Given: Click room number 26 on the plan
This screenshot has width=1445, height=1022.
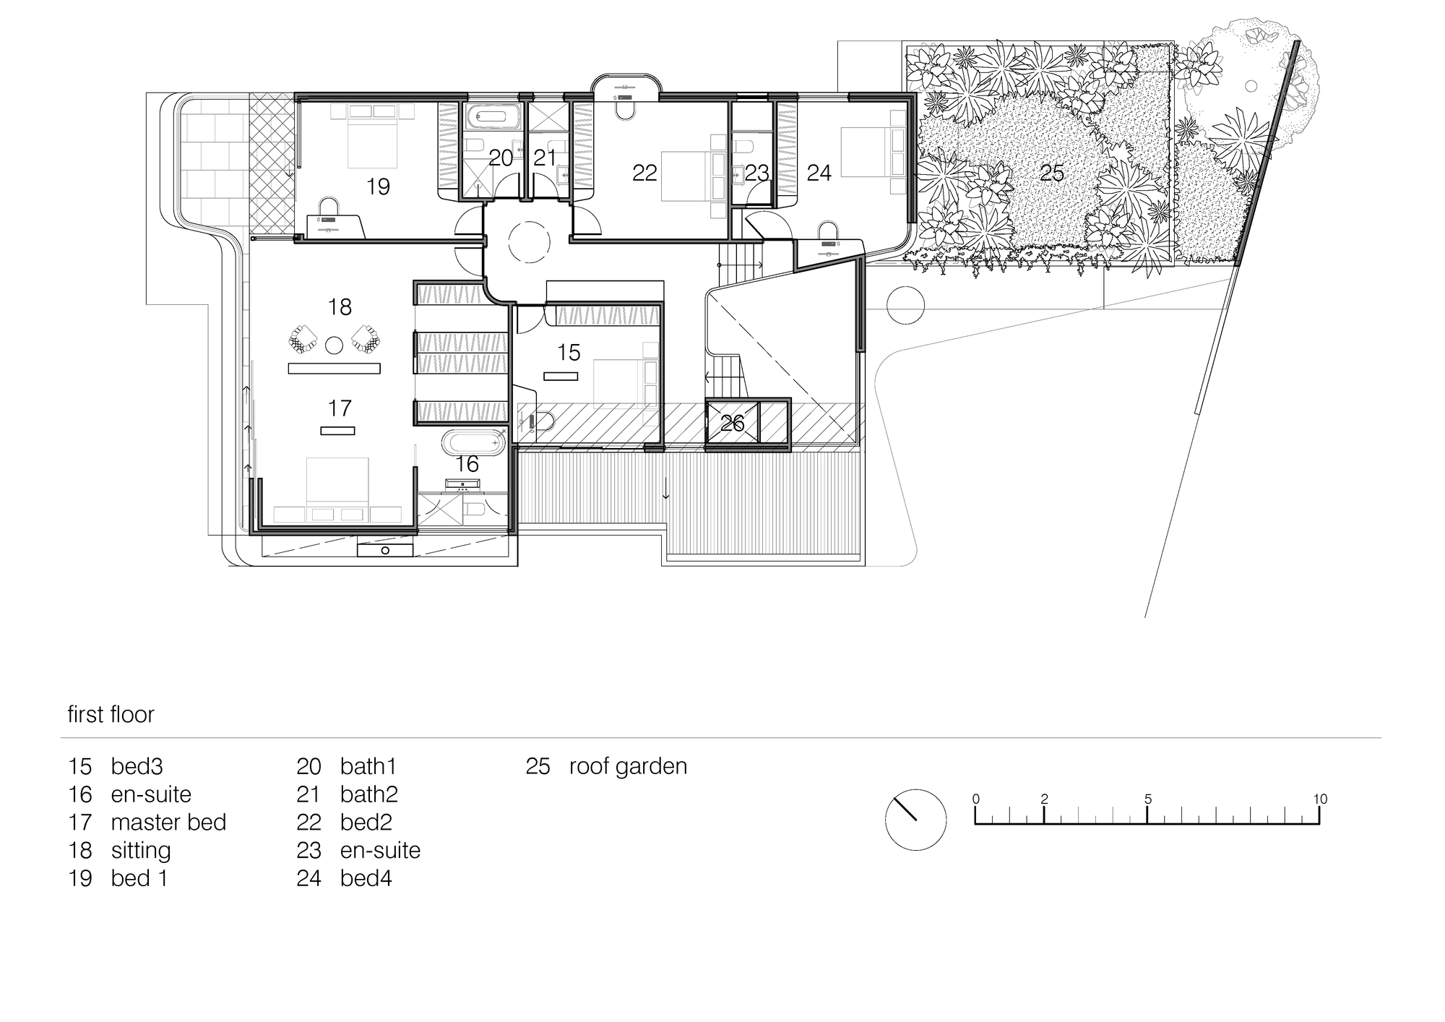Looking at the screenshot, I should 732,424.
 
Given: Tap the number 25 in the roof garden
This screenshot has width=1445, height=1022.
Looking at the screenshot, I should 1051,173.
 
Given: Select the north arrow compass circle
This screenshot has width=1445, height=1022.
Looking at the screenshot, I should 915,820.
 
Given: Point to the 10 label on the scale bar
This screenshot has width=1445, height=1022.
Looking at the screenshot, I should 1319,799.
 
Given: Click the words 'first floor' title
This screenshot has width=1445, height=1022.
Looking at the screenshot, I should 111,715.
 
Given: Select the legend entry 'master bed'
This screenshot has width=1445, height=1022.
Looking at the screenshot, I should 168,823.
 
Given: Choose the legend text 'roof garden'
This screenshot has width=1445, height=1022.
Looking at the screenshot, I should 628,766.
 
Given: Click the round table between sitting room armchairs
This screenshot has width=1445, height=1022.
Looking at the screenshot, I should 334,345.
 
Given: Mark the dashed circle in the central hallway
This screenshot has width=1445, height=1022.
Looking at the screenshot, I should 530,242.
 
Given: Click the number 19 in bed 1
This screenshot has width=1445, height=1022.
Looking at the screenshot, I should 378,187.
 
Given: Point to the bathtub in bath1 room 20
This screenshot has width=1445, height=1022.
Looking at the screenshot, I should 491,116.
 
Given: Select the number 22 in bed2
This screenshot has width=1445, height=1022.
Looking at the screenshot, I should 644,173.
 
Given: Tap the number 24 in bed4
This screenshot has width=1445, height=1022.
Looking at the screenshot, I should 819,173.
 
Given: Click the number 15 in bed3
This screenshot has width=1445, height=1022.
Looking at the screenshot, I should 569,353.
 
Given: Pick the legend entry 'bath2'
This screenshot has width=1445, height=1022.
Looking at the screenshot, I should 368,794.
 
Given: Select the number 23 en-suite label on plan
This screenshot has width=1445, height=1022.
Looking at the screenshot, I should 756,173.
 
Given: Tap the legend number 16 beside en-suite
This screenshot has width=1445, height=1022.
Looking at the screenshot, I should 80,794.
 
